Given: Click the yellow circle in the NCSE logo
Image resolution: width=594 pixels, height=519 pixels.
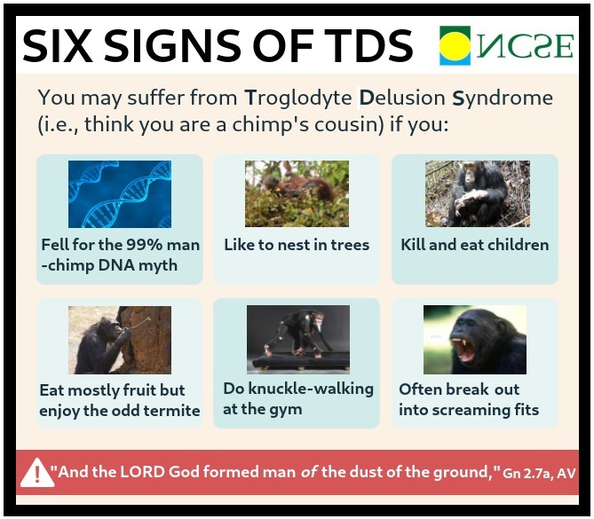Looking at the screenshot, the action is pyautogui.click(x=455, y=46).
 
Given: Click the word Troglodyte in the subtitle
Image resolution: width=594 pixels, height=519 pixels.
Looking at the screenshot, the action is pyautogui.click(x=298, y=98).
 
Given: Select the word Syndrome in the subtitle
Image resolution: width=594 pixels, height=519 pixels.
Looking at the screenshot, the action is pyautogui.click(x=503, y=98).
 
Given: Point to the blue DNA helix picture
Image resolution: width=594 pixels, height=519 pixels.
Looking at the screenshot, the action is pyautogui.click(x=120, y=194).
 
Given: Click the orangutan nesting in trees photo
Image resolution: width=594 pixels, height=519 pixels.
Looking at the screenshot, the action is pyautogui.click(x=297, y=193).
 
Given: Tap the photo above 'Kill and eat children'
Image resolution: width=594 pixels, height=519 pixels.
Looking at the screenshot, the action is pyautogui.click(x=478, y=193).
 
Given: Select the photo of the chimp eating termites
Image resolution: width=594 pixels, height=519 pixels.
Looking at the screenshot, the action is pyautogui.click(x=120, y=340).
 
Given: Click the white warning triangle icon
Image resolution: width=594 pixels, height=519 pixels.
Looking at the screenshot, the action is pyautogui.click(x=37, y=473).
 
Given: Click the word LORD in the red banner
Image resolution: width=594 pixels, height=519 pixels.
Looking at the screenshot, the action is pyautogui.click(x=142, y=472).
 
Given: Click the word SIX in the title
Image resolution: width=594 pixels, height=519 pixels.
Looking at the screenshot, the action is pyautogui.click(x=58, y=46).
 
